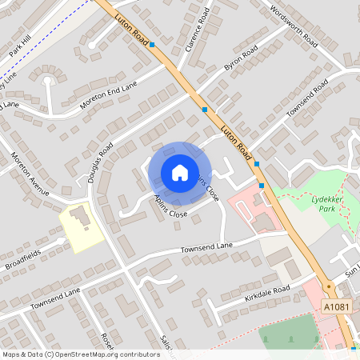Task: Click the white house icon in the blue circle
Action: tap(180, 173)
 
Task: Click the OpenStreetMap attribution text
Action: tap(81, 354)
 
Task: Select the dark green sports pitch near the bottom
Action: tap(288, 334)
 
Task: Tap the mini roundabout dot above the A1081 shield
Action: tap(328, 286)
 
